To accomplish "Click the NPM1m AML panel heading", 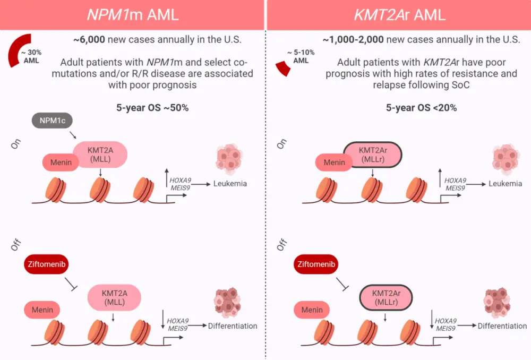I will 133,14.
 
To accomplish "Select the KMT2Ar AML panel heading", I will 398,14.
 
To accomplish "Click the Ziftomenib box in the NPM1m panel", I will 47,264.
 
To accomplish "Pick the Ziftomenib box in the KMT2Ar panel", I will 318,264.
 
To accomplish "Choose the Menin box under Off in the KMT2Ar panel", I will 312,310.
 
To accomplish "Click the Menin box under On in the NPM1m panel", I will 61,162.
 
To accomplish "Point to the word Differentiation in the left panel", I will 233,325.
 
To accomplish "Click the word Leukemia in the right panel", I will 504,184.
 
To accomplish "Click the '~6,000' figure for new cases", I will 93,40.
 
